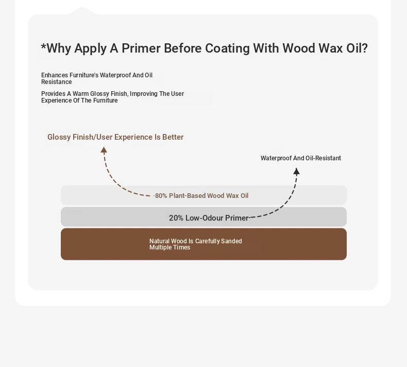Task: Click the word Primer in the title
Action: (141, 48)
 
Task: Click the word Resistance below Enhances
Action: (56, 82)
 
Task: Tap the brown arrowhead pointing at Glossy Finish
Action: (104, 150)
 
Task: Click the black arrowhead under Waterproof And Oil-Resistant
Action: (296, 171)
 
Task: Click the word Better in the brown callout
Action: (173, 137)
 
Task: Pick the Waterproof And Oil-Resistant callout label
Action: (300, 158)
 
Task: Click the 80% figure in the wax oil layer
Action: (161, 195)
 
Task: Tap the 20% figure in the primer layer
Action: (176, 218)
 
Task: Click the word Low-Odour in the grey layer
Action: (205, 218)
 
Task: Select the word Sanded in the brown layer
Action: (231, 241)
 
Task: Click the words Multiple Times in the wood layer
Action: (170, 247)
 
